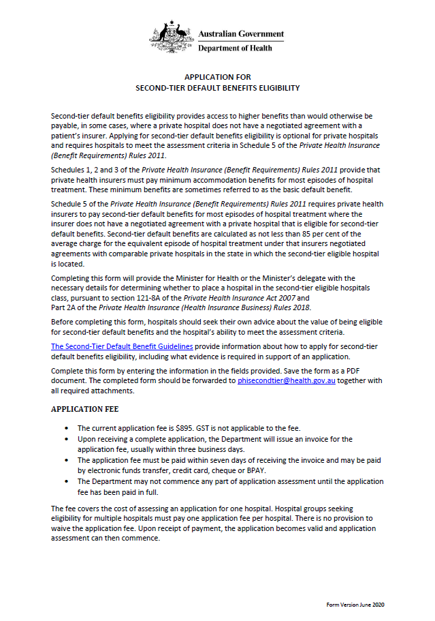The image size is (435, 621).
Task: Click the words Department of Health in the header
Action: pyautogui.click(x=235, y=48)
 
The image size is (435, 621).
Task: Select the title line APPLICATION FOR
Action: pyautogui.click(x=218, y=78)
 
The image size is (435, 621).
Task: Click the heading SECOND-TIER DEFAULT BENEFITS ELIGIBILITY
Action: pyautogui.click(x=218, y=88)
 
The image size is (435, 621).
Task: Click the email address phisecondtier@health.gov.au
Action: pyautogui.click(x=282, y=380)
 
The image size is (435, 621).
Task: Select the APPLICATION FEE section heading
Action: pyautogui.click(x=85, y=409)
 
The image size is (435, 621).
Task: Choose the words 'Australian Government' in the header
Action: pyautogui.click(x=241, y=34)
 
